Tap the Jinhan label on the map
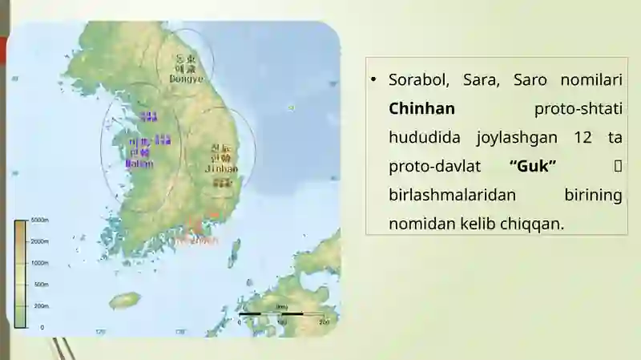221,169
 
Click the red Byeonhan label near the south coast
196,239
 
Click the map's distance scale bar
280,314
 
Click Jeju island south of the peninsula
124,300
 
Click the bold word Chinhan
421,108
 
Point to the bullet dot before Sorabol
373,80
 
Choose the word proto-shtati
578,108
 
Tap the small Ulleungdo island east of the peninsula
291,107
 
